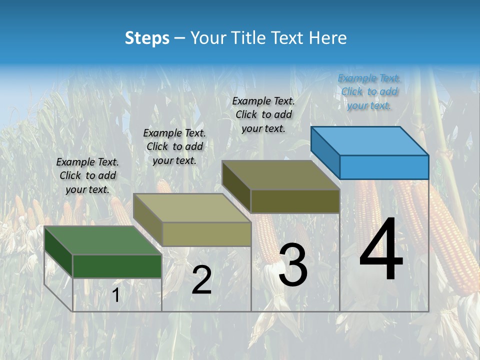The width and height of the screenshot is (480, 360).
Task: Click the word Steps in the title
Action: pos(147,38)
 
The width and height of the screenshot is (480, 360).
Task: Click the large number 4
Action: pos(381,251)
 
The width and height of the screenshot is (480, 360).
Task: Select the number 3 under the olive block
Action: pos(293,265)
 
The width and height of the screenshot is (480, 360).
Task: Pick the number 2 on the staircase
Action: pos(201,280)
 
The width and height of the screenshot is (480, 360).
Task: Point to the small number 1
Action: pos(115,295)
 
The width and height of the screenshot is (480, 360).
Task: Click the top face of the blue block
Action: pos(369,140)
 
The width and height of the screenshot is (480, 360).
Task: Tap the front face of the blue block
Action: pos(384,167)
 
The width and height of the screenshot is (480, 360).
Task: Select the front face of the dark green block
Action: pos(117,266)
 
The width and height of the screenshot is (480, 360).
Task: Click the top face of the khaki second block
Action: pos(191,208)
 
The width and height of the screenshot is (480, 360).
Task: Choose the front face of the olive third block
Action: pos(295,201)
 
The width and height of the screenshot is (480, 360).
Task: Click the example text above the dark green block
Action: pos(88,176)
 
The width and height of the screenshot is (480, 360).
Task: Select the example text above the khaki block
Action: pos(174,147)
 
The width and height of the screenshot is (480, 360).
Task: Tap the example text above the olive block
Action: pos(263,115)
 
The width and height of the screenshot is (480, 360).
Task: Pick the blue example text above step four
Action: pos(369,92)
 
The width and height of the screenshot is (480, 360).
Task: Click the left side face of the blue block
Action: pos(325,152)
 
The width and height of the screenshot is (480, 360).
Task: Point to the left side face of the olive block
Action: pos(236,186)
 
